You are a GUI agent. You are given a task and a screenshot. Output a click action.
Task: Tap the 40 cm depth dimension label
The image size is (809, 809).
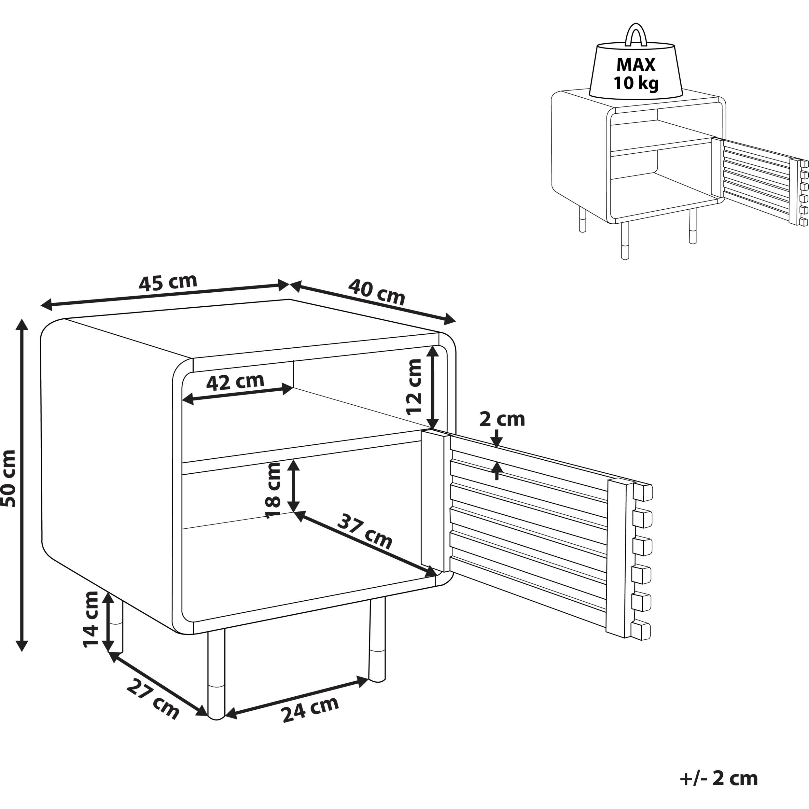point(376,292)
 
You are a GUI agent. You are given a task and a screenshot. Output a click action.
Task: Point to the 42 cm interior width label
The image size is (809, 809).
point(235,382)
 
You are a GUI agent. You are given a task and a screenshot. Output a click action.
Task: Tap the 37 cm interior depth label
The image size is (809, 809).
point(365,531)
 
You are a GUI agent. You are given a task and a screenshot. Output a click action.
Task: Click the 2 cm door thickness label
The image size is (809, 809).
point(502,419)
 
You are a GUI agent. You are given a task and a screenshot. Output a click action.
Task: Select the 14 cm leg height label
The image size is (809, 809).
point(91,620)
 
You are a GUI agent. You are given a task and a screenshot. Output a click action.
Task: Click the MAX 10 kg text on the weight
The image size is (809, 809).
point(636,74)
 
